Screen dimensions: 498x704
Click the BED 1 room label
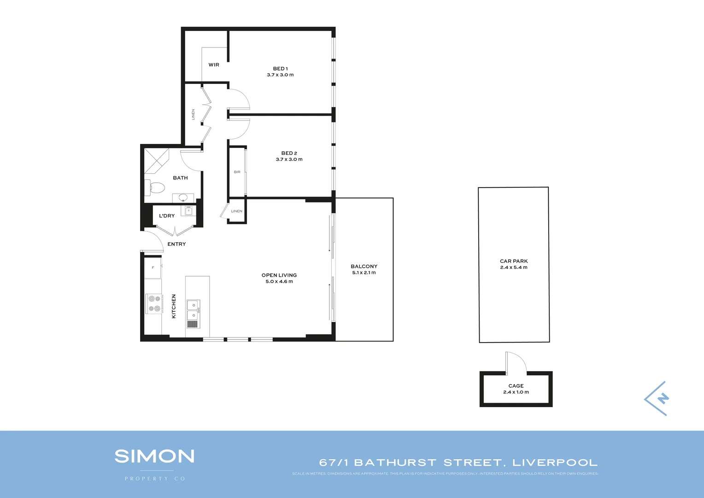(280, 69)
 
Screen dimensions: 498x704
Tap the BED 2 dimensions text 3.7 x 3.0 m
(289, 160)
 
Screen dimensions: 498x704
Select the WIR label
(214, 65)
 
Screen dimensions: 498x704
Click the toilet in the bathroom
(156, 188)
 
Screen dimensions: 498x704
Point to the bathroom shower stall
(157, 160)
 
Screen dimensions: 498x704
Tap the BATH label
(180, 178)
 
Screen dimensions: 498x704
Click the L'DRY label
(167, 216)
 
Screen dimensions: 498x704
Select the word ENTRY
(176, 244)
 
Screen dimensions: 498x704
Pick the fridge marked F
(153, 268)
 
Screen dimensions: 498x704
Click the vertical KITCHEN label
(174, 306)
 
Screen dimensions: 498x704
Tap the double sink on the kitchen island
(193, 310)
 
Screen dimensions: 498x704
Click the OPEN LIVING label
(279, 275)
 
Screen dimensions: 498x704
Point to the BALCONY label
(364, 267)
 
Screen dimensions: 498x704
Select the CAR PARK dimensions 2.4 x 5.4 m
(514, 267)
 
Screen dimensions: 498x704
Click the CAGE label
(516, 386)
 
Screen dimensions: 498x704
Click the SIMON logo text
(154, 456)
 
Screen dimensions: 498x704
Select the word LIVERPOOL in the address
(555, 462)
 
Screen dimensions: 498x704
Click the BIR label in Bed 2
(237, 172)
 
